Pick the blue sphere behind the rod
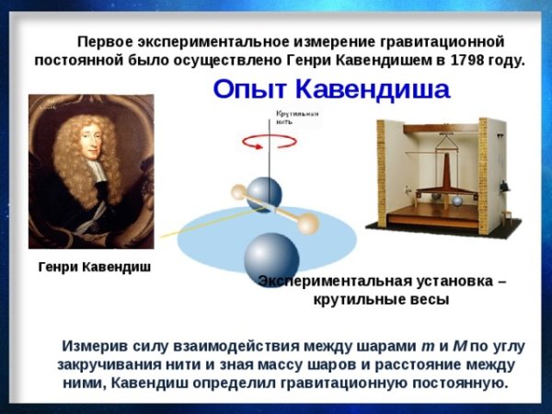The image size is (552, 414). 267,194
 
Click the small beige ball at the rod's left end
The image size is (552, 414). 238,192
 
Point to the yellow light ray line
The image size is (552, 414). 198,223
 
